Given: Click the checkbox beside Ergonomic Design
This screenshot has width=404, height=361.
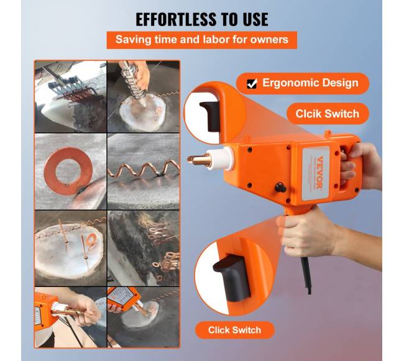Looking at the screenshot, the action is coord(252,84).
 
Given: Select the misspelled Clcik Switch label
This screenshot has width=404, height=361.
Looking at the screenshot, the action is coord(327,114).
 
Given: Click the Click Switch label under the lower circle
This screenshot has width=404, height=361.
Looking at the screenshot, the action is coord(234,330).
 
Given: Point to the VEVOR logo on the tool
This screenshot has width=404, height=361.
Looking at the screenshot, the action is coord(319,173).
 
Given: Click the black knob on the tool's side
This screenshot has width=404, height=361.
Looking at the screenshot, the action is coord(280,187).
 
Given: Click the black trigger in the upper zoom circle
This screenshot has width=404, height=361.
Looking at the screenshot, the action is coord(209,116).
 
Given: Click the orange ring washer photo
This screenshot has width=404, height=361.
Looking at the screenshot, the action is coord(70,171).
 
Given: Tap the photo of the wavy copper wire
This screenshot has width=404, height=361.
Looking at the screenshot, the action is coord(144,171).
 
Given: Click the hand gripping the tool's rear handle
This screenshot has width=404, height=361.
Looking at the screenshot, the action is coord(360,165).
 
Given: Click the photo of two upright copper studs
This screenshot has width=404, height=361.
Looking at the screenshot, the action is coord(70,248).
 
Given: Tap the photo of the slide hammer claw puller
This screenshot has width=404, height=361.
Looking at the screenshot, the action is coord(70,96).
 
